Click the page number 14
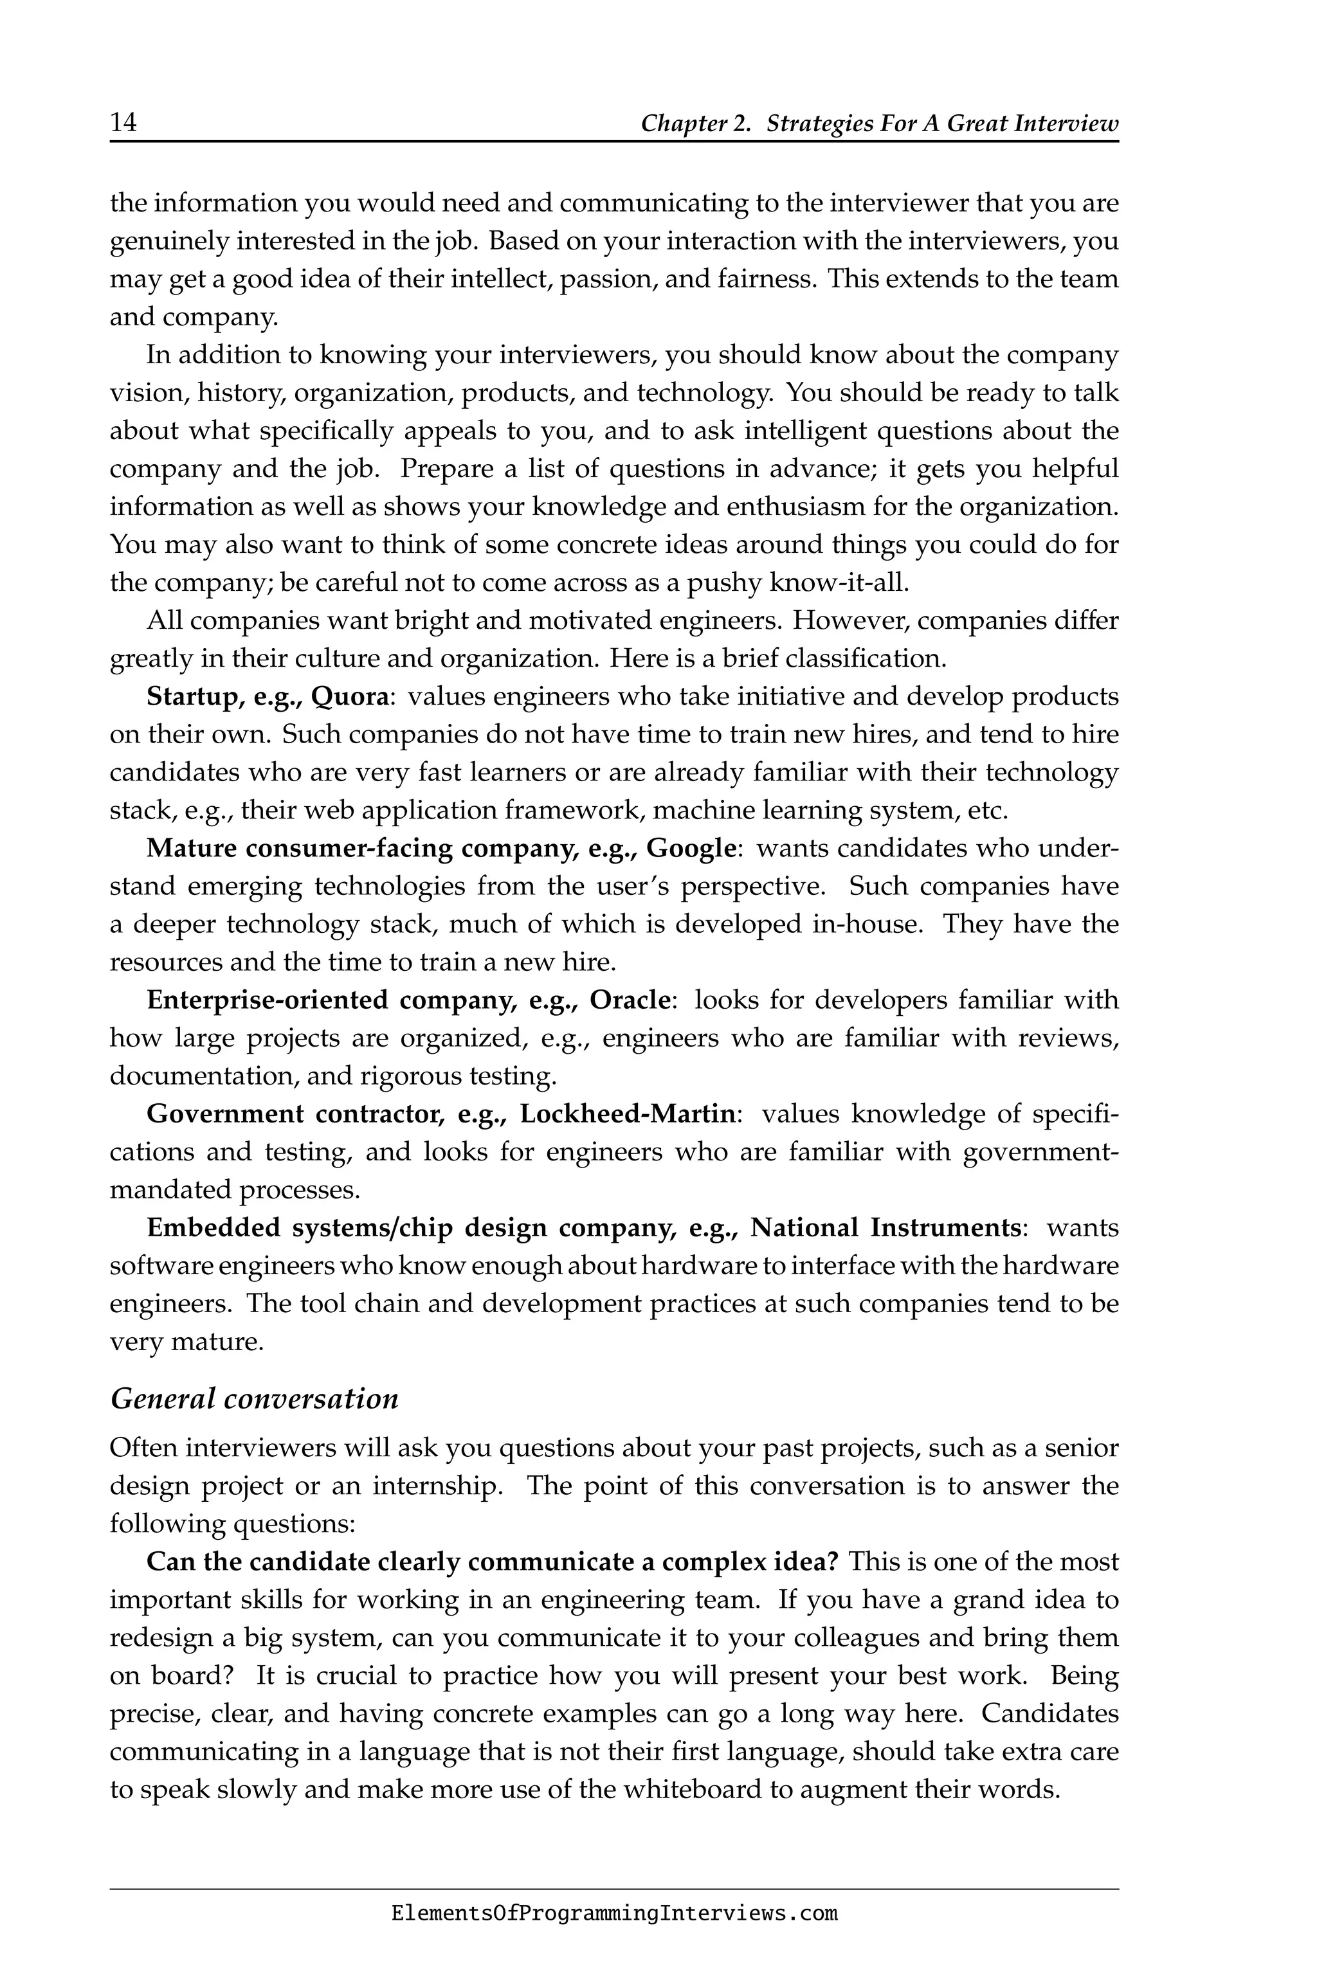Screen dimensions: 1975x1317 (123, 123)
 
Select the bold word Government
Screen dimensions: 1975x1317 (224, 1114)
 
